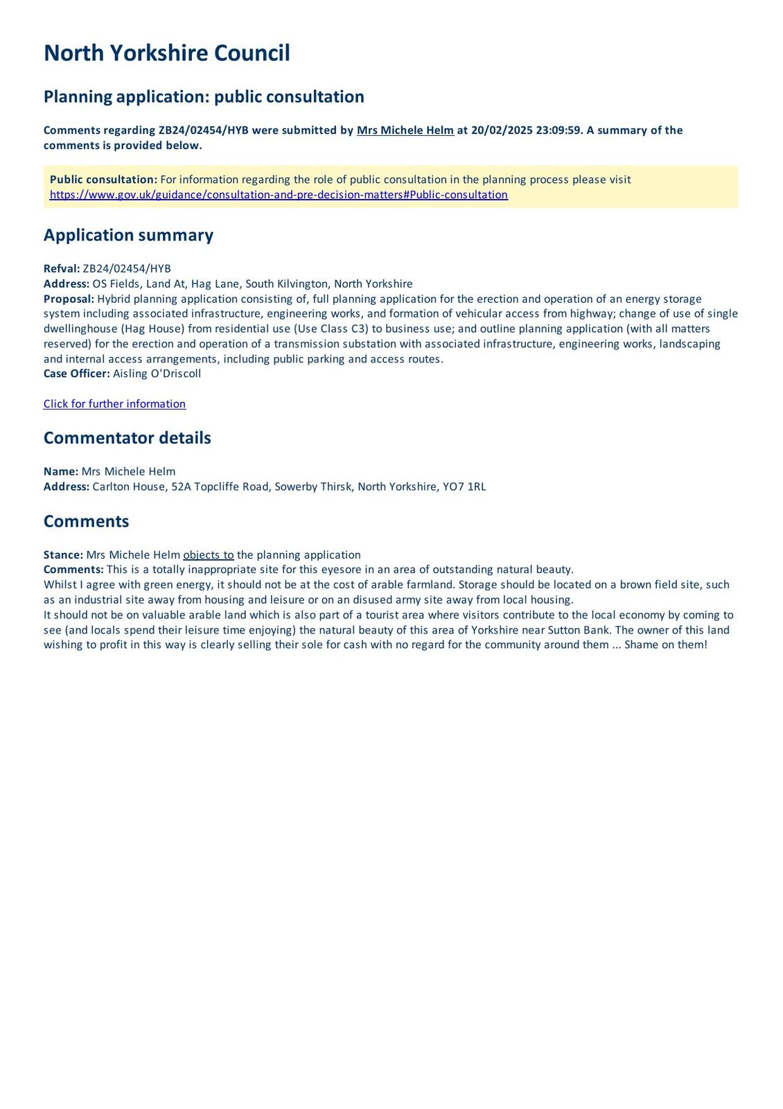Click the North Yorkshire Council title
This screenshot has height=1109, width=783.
[x=166, y=53]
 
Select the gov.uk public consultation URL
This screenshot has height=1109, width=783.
[x=279, y=195]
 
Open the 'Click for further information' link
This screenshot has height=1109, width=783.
[x=114, y=404]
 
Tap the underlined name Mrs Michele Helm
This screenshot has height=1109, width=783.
[x=405, y=130]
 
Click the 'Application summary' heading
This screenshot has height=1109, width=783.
[x=128, y=235]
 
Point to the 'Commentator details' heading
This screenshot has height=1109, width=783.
[x=127, y=438]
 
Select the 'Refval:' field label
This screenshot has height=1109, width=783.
[x=62, y=269]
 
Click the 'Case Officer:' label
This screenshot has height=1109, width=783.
[x=76, y=374]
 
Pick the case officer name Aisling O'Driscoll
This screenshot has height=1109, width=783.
[x=157, y=374]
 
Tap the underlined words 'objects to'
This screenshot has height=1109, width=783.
[x=208, y=555]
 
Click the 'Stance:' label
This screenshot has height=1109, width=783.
[x=63, y=555]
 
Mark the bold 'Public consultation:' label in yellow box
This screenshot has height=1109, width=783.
[x=103, y=180]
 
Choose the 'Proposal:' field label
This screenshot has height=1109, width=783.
[x=69, y=299]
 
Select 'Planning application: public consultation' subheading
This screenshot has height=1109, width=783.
[x=204, y=96]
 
